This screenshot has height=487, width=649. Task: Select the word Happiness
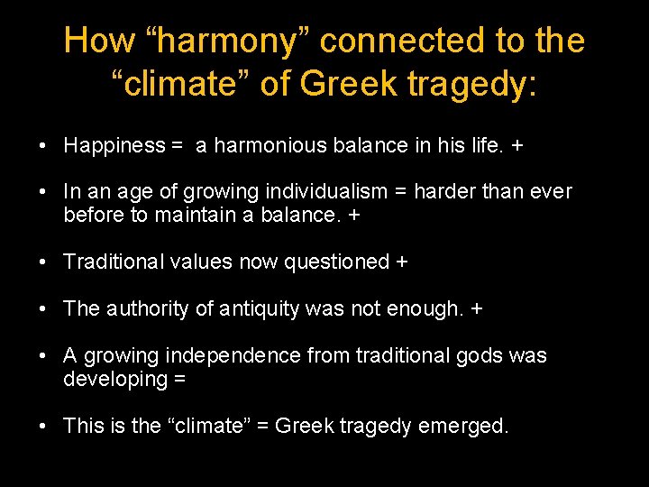coord(114,145)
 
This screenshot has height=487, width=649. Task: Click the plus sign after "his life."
coord(516,145)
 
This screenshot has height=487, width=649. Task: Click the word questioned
coord(336,262)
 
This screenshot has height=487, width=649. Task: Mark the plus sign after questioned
coord(401,262)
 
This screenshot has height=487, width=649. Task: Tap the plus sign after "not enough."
coord(476,309)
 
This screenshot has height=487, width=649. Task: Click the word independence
coord(233,356)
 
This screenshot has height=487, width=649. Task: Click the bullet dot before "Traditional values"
coord(43,262)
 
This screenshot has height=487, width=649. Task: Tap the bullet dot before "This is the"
coord(43,426)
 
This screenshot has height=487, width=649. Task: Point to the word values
coord(197,262)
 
